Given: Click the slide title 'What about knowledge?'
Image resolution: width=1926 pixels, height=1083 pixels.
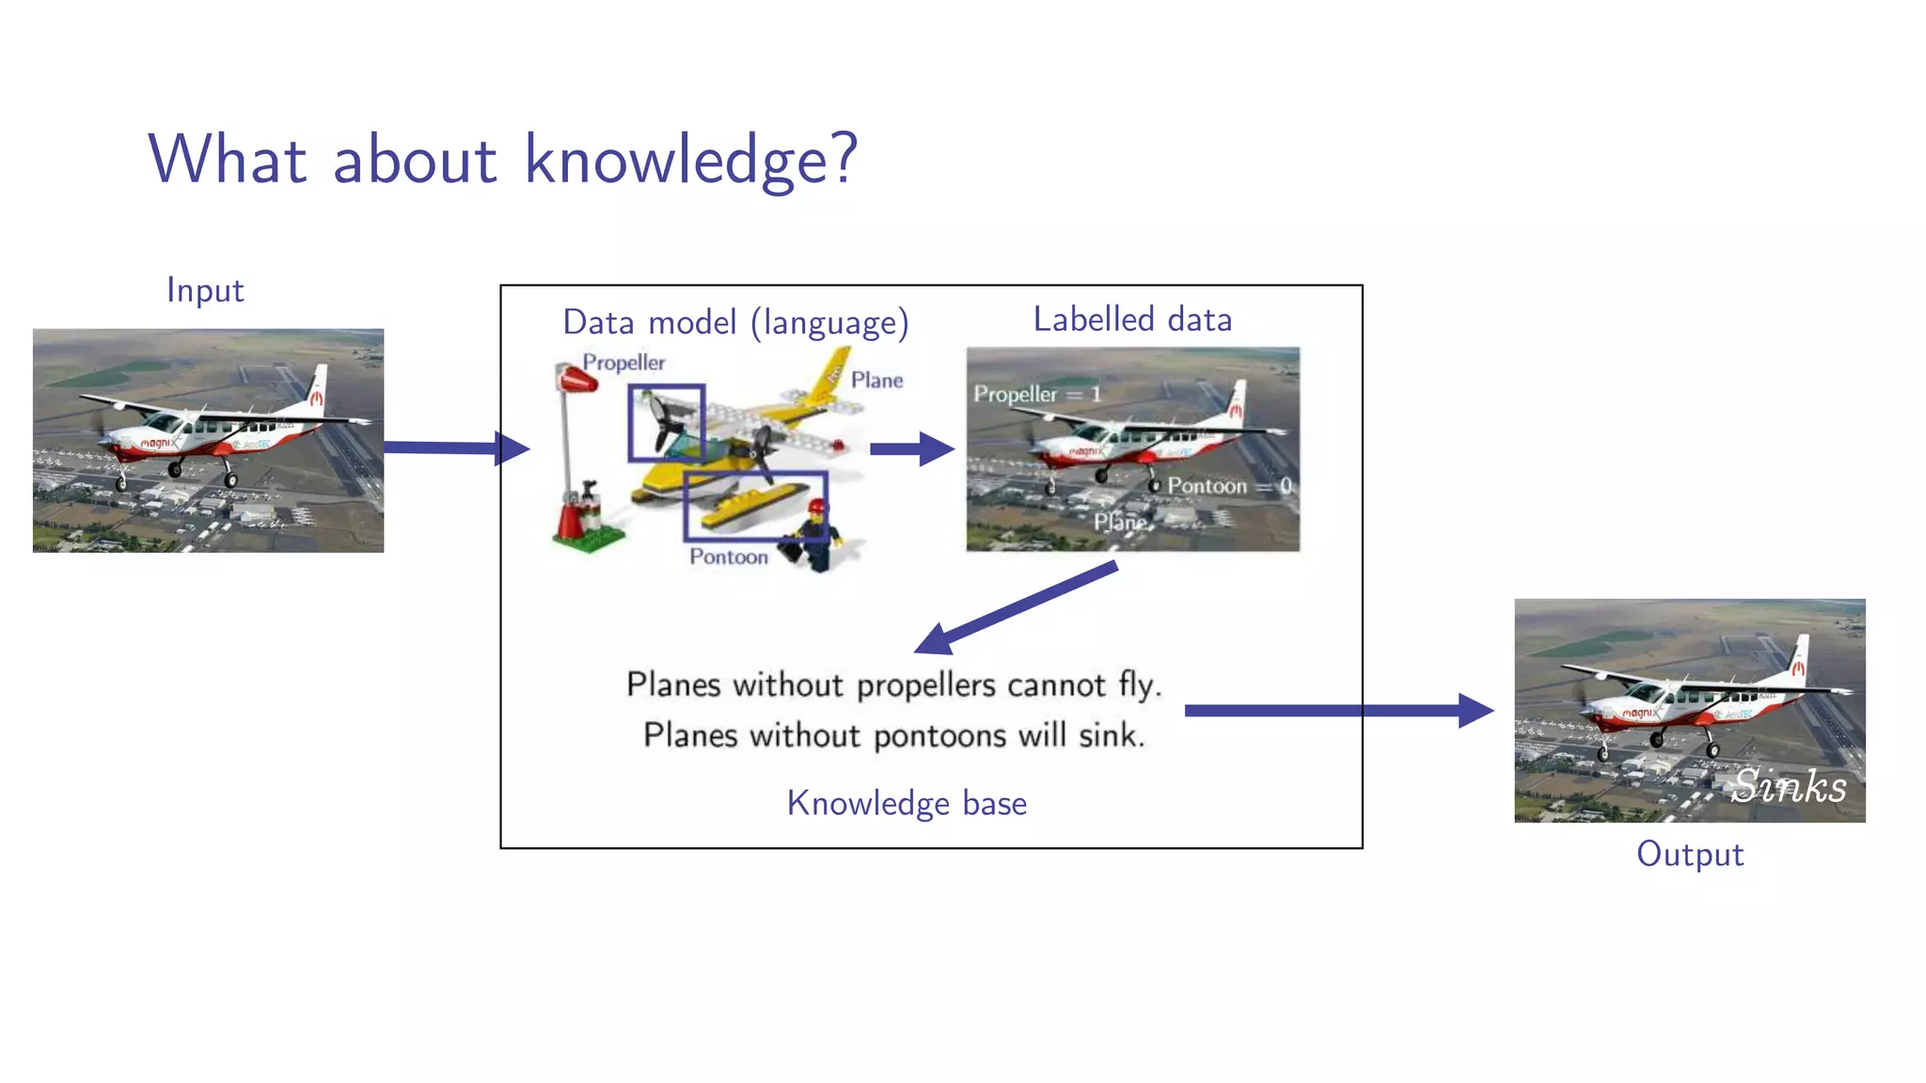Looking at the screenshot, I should [x=503, y=160].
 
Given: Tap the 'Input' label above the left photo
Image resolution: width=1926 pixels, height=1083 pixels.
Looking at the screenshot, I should [x=205, y=290].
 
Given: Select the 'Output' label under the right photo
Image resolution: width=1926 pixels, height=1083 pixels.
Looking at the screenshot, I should [x=1689, y=855].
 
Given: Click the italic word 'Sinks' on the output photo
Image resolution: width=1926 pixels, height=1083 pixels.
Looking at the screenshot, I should [x=1789, y=786].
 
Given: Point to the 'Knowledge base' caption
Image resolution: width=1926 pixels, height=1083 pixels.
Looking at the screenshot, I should [x=907, y=804].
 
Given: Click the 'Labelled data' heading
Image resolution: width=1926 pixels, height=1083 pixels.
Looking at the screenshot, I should [x=1132, y=320].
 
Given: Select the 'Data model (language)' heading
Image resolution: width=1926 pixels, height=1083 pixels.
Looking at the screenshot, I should [x=735, y=322].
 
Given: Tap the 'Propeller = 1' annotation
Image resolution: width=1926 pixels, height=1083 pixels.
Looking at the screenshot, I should [x=1036, y=394].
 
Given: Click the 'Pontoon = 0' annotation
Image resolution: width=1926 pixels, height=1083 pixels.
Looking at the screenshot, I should [x=1228, y=486].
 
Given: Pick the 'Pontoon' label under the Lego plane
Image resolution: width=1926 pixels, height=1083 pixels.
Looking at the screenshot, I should [x=728, y=557].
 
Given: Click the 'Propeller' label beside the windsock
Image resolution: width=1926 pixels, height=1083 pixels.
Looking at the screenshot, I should [x=623, y=362].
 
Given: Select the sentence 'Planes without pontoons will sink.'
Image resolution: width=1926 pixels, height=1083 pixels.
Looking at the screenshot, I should [x=893, y=735].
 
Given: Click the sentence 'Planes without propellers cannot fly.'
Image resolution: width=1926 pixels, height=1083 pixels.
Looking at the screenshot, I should [x=893, y=684].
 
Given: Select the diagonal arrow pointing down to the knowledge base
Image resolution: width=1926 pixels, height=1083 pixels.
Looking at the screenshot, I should [x=1016, y=608].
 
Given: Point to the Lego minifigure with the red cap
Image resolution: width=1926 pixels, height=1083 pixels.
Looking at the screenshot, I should [x=813, y=536].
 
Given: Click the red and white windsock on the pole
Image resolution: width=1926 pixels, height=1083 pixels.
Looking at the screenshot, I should [x=576, y=379].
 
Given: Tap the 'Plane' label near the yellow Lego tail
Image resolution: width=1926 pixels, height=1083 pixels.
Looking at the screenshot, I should [x=876, y=380].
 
